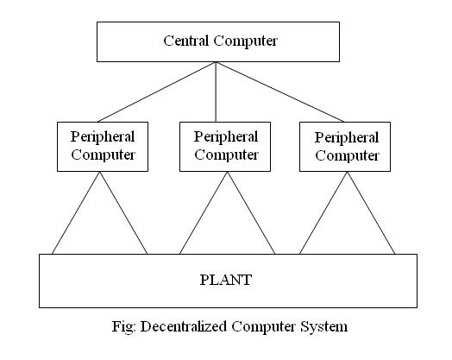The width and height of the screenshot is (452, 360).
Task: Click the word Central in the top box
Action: click(x=186, y=41)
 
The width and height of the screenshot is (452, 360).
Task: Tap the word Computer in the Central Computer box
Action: click(x=245, y=41)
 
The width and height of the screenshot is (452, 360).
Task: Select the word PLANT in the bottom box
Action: click(x=226, y=280)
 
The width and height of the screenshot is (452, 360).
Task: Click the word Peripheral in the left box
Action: click(x=103, y=137)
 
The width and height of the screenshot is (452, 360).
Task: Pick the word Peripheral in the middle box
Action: click(x=226, y=137)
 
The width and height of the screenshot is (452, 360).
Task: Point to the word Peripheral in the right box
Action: click(x=347, y=138)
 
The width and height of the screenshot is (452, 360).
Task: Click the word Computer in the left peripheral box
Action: click(x=104, y=155)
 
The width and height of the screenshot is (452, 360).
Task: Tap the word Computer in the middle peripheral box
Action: click(x=226, y=155)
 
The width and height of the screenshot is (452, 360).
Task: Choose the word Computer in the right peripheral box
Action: click(x=347, y=156)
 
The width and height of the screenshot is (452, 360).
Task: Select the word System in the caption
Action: click(x=324, y=327)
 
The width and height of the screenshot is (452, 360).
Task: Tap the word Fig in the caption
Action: click(x=123, y=327)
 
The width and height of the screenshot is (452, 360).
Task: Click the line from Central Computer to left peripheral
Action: click(x=157, y=92)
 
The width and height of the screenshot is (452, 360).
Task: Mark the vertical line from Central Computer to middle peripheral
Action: click(x=216, y=92)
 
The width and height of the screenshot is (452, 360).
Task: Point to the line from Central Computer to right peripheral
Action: click(x=280, y=92)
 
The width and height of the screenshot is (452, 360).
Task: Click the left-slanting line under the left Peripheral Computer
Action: click(x=76, y=213)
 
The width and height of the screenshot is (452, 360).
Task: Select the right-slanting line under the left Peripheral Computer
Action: click(x=123, y=213)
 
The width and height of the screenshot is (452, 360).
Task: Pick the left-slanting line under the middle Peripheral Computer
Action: click(x=204, y=213)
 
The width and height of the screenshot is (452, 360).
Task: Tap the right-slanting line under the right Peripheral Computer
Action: click(x=371, y=213)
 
